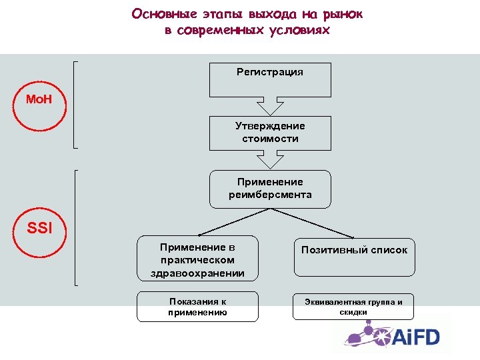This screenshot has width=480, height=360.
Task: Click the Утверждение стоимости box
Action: pyautogui.click(x=270, y=133)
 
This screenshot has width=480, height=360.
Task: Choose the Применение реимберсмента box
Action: pyautogui.click(x=270, y=189)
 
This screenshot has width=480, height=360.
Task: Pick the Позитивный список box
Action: pyautogui.click(x=354, y=257)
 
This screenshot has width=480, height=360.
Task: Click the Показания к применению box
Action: pyautogui.click(x=197, y=307)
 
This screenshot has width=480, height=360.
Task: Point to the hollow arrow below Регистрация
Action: pyautogui.click(x=270, y=107)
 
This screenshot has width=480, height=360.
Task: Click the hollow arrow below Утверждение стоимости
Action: pyautogui.click(x=270, y=160)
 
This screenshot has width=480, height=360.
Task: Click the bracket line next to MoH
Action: pyautogui.click(x=75, y=103)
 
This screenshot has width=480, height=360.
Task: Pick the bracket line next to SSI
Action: pyautogui.click(x=75, y=227)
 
